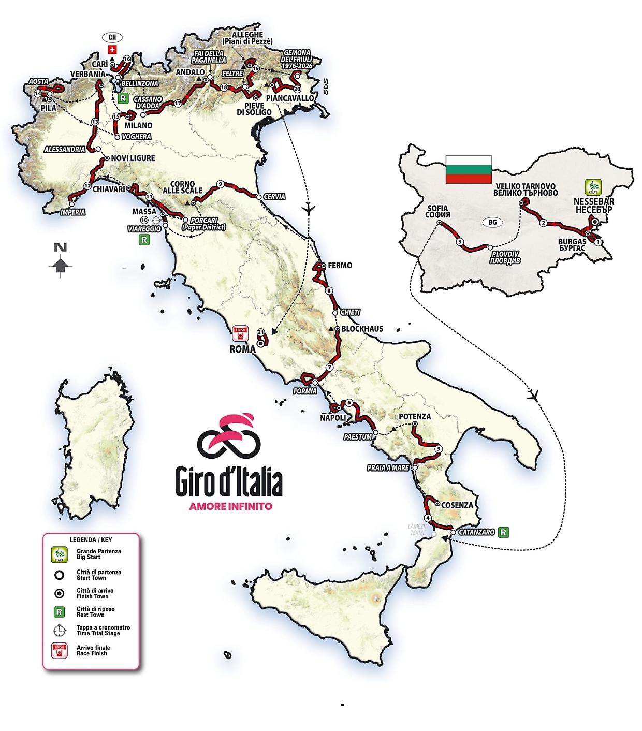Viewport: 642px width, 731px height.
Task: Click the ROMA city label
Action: coord(242,349)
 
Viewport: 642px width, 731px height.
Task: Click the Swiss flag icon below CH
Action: coord(111,49)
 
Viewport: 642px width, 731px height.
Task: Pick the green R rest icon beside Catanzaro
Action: coord(502,532)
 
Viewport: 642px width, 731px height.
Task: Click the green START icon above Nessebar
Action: coord(592,186)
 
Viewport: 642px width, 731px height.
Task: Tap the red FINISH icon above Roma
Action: coord(240,332)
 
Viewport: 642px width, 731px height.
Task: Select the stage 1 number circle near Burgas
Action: coord(598,242)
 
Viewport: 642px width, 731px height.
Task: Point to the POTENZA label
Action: coord(415,416)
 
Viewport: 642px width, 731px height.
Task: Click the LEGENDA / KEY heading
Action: coord(91,539)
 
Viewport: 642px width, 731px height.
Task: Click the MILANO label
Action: coord(138,125)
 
